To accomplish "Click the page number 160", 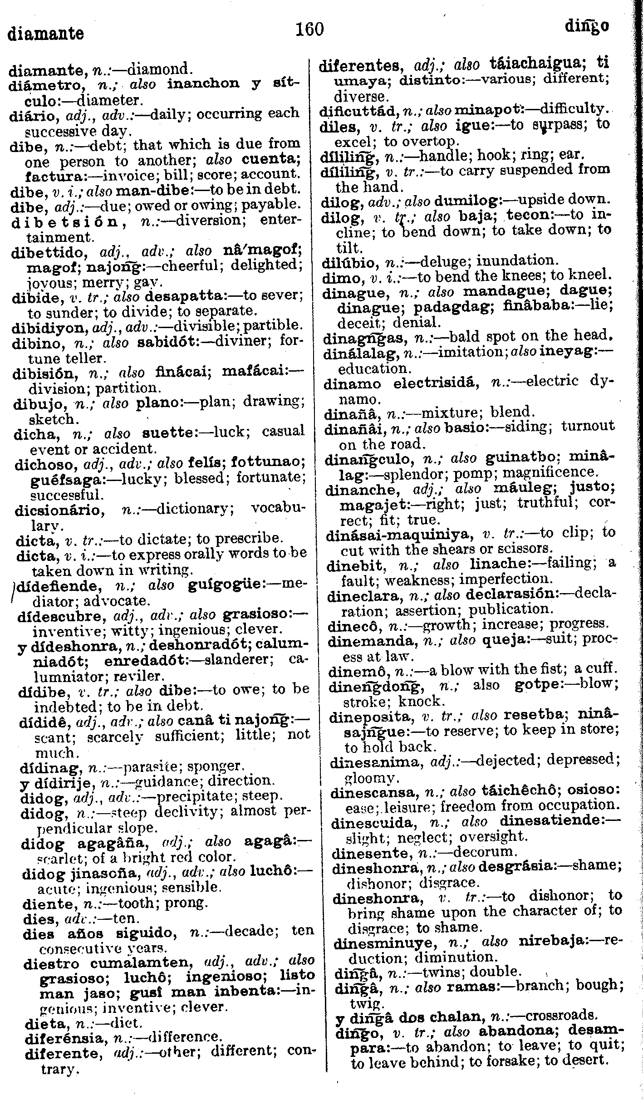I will pyautogui.click(x=309, y=29).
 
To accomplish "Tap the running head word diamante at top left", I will pyautogui.click(x=46, y=34).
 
